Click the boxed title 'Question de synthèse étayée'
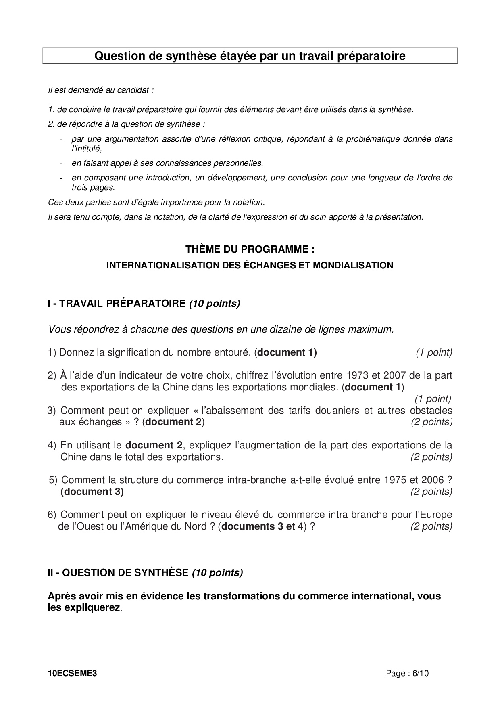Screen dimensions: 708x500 [x=250, y=56]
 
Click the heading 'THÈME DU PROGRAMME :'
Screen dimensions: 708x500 [x=250, y=249]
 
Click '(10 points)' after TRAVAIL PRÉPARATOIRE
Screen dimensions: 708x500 [x=215, y=304]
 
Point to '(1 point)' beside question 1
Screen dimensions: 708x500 [x=434, y=352]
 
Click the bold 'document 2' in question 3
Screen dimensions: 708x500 [x=174, y=422]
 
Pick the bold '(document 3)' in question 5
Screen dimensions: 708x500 [x=92, y=492]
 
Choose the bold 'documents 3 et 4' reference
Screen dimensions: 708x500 [x=262, y=527]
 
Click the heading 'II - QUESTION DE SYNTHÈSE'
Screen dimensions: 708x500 [x=118, y=573]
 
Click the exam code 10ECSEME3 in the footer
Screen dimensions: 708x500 [x=72, y=673]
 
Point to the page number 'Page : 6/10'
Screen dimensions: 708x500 [x=407, y=673]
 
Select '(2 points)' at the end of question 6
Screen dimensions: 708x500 [x=431, y=527]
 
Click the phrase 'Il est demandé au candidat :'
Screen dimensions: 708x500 [x=100, y=90]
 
